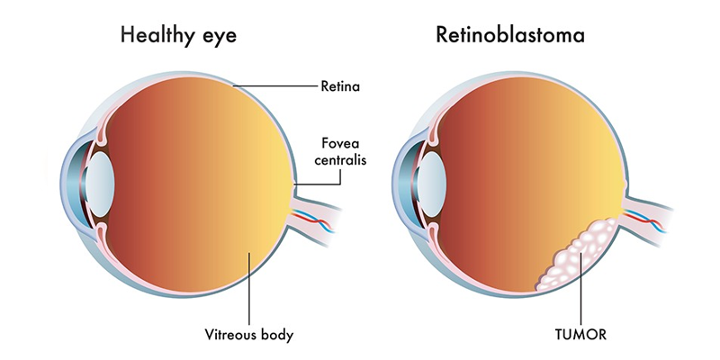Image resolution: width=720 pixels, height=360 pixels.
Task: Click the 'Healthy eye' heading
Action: (x=178, y=35)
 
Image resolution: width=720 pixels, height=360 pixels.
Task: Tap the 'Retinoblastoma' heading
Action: (x=510, y=34)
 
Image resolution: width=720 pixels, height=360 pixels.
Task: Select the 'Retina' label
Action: (x=340, y=86)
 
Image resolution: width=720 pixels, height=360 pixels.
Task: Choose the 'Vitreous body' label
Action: (x=249, y=334)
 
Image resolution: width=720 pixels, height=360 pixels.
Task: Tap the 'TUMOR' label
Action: (x=580, y=334)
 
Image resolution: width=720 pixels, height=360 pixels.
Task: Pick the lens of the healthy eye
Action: (x=98, y=184)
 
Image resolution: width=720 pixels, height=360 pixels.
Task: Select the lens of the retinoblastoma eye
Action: (x=430, y=184)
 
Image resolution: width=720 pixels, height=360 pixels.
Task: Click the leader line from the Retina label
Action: (x=274, y=85)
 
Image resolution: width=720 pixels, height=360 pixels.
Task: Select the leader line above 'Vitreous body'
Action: (x=249, y=288)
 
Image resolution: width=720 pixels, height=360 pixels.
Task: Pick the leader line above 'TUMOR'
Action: (x=580, y=288)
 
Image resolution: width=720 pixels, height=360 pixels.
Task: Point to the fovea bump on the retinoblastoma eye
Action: (x=625, y=185)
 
